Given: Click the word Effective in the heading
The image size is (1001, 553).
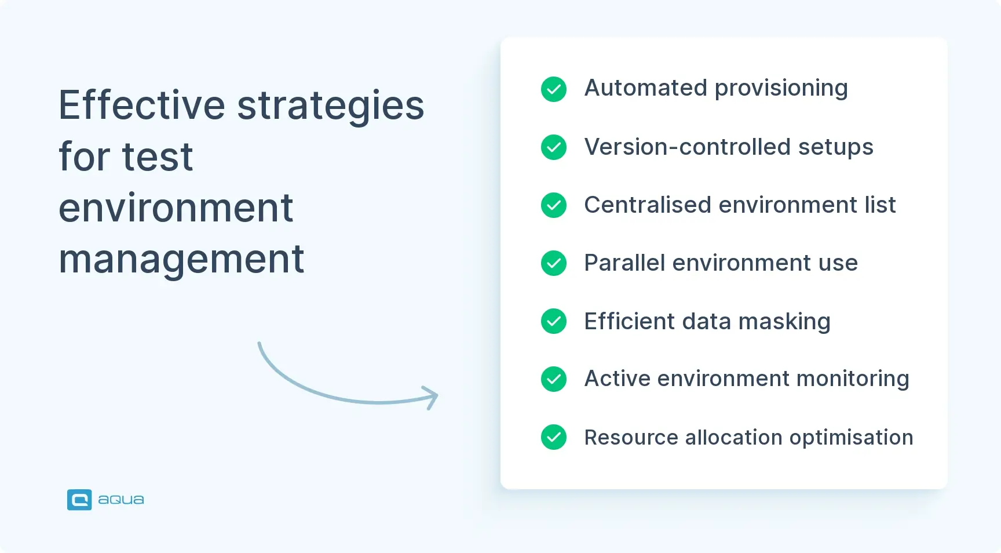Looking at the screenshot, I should (141, 105).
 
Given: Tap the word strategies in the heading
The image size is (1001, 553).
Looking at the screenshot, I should (331, 105).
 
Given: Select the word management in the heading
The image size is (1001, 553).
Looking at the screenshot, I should (181, 259).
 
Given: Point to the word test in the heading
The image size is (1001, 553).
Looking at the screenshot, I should (158, 157).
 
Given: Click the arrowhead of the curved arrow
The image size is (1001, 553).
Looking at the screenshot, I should (433, 397).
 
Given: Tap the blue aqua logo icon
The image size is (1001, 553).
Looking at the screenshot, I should (79, 500).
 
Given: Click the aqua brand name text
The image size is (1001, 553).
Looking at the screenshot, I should (120, 500).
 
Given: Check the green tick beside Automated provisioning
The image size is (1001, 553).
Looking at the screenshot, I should (554, 89).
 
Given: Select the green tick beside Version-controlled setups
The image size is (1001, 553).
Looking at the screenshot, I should (554, 147).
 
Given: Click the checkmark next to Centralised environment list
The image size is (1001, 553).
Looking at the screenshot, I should (554, 205).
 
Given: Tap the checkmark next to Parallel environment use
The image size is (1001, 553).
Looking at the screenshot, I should (554, 263).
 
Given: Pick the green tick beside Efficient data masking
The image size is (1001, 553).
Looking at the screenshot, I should (554, 321).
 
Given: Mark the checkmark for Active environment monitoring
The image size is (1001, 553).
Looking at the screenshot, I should (554, 379).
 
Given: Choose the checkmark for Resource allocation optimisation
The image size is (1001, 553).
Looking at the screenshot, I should (554, 437).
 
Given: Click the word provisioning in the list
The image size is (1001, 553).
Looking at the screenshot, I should (781, 89).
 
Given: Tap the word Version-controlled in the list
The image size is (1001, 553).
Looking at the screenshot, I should (687, 147).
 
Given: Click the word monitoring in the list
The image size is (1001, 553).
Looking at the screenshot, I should (853, 379).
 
